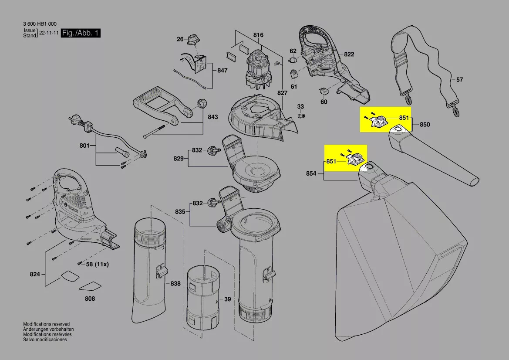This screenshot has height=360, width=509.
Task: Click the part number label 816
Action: coord(258,35)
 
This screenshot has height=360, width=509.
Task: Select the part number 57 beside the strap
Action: coord(460,80)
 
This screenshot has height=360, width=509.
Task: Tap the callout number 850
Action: coord(425,125)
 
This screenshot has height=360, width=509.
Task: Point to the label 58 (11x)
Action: coord(98,264)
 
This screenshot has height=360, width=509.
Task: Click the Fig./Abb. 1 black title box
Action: coord(81,34)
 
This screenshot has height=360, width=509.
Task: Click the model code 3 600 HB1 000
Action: coord(40,24)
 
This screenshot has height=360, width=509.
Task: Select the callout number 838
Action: coord(175,284)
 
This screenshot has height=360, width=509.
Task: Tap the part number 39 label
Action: coord(227,299)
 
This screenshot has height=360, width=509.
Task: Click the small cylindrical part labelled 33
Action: coord(301,115)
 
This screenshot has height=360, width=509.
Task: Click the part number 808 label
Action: coord(90,299)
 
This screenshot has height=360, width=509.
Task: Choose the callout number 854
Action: coord(311,173)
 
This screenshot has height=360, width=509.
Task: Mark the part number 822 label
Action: coord(349,54)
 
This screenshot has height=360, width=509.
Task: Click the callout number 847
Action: coord(222,70)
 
